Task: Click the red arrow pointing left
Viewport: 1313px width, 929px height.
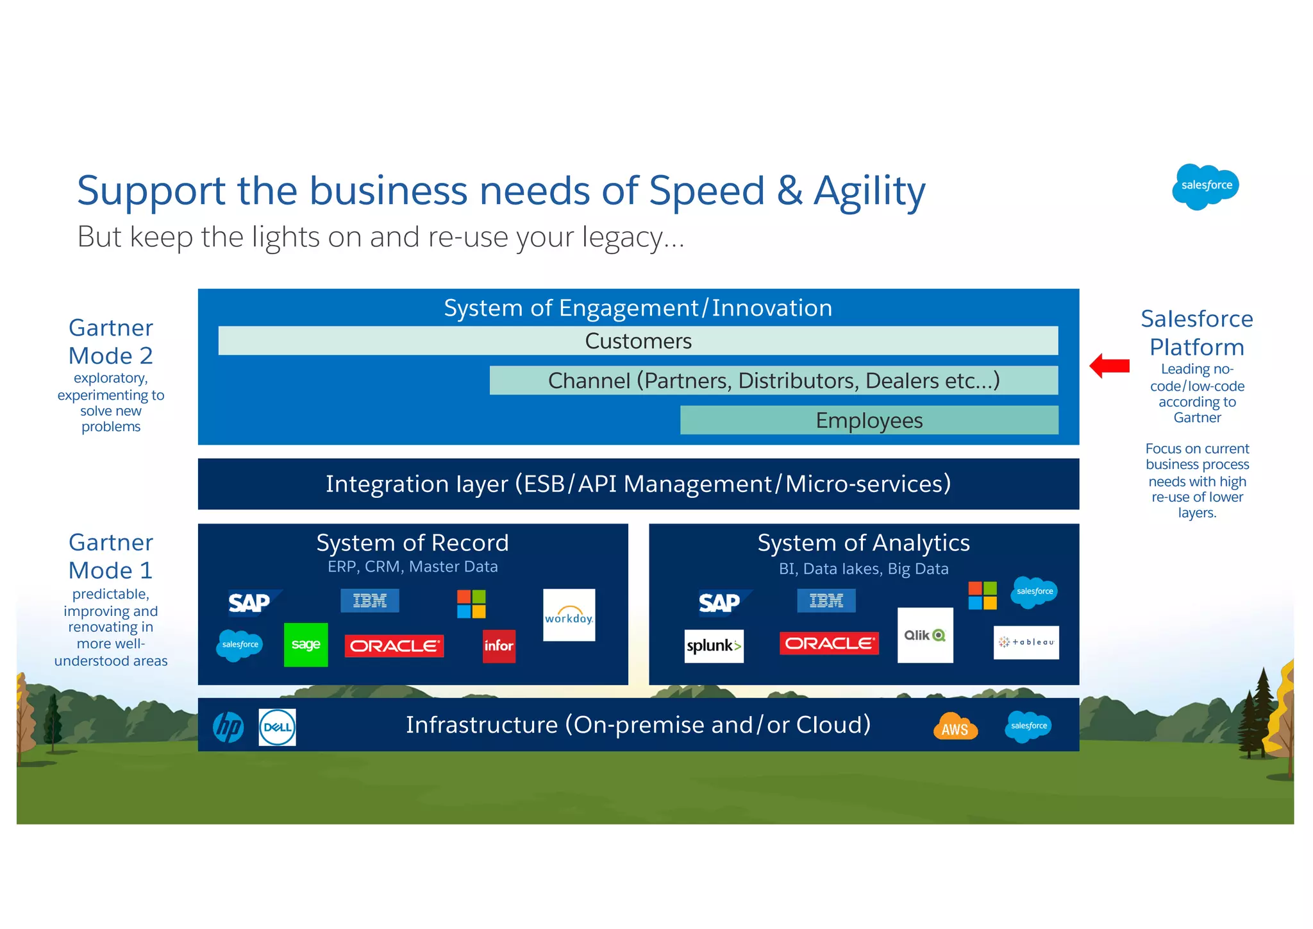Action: point(1110,366)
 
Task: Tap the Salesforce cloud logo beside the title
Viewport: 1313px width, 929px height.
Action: point(1205,186)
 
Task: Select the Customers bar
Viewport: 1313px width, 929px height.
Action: point(638,341)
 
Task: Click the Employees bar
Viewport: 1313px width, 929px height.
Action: point(869,420)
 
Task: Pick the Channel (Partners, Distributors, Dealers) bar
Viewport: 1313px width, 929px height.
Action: point(773,380)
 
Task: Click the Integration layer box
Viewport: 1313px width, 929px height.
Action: point(638,484)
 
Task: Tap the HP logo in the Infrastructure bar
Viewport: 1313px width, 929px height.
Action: point(228,727)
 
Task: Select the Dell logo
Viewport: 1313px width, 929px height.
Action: point(277,727)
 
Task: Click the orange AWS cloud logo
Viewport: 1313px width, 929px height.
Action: point(955,727)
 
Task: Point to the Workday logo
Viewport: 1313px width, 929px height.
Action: point(569,615)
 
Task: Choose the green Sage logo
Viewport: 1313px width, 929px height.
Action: point(306,645)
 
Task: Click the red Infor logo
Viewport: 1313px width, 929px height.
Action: point(499,646)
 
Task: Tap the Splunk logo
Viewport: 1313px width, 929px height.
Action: point(714,645)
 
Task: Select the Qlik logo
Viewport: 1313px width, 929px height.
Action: point(924,635)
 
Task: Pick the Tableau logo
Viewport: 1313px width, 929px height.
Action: point(1026,642)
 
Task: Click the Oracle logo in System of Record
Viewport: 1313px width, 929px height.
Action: point(394,645)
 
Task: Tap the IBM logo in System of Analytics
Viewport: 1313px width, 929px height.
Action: point(826,601)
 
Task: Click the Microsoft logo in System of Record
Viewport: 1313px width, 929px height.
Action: point(471,604)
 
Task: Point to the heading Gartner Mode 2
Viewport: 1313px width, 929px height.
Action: point(111,341)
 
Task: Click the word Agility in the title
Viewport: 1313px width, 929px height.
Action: point(869,191)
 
